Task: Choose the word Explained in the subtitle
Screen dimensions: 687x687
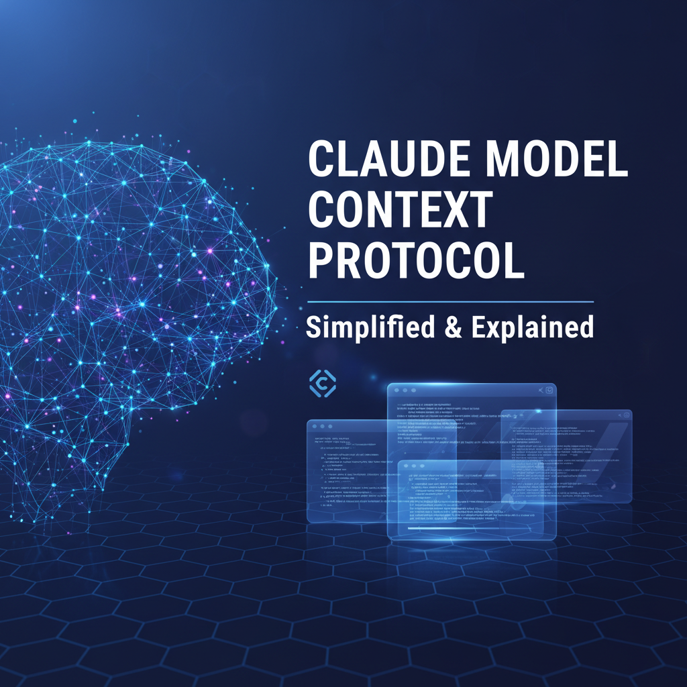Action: (x=532, y=327)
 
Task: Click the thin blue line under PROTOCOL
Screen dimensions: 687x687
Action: (x=450, y=301)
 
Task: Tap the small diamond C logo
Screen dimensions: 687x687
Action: (x=322, y=384)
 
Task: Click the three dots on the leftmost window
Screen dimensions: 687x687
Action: (x=322, y=427)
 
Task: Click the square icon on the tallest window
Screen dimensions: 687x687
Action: (x=548, y=390)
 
